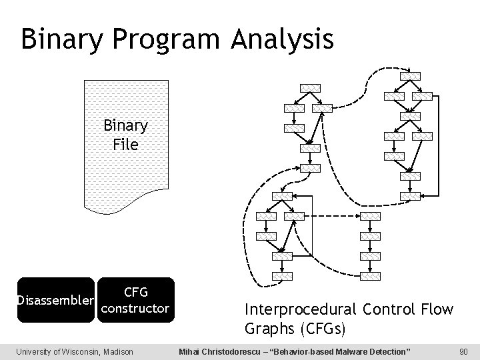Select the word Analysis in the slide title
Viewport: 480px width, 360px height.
[x=283, y=39]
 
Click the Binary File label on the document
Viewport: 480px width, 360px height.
[x=125, y=135]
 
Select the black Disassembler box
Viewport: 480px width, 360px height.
[x=55, y=300]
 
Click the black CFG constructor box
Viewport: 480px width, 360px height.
[x=135, y=300]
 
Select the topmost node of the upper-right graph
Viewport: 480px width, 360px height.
[x=409, y=75]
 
